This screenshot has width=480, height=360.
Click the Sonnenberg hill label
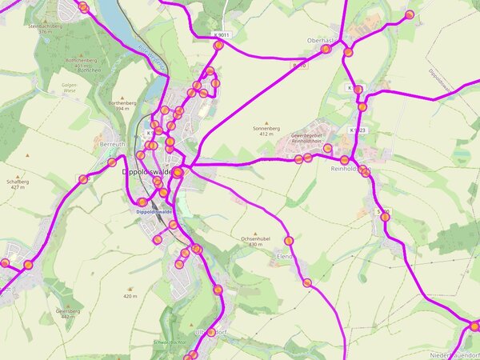[266, 127]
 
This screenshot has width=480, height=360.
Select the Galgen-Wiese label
[70, 86]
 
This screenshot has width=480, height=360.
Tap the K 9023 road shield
[357, 130]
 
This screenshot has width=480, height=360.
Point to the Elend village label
[285, 256]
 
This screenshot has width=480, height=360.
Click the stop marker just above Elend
[289, 241]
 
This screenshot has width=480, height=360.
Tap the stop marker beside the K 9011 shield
[218, 46]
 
